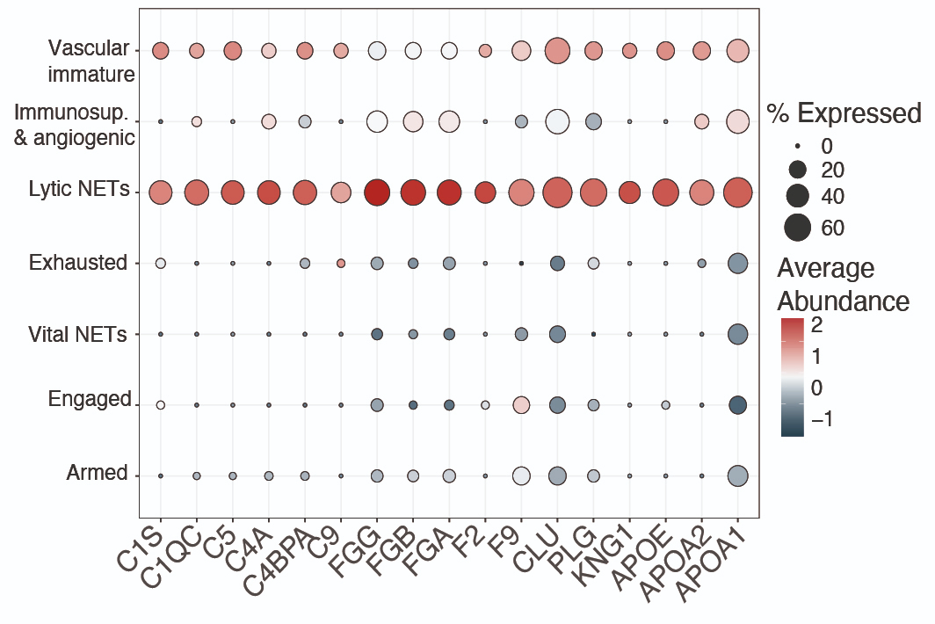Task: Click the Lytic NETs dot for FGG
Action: (377, 192)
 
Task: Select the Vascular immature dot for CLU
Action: (557, 51)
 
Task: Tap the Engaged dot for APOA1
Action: (737, 405)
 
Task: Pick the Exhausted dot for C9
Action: (341, 263)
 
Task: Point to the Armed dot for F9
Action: (521, 475)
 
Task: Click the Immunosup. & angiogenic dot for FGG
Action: (377, 121)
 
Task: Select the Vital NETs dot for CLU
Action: (557, 334)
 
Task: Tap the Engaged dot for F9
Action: (521, 405)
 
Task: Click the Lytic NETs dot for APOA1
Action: (737, 192)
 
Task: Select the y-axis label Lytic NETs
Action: (78, 189)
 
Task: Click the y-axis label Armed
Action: (97, 473)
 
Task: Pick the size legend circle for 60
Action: (797, 228)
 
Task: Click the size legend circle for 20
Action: (797, 169)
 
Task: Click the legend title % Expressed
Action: (844, 113)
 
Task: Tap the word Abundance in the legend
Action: (843, 301)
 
